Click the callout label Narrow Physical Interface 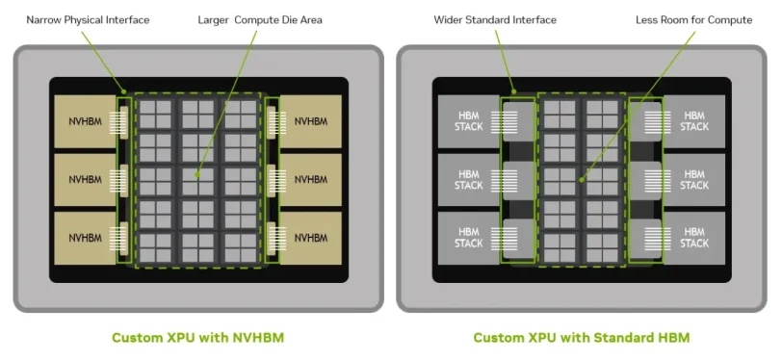pos(88,20)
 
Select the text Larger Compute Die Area pos(260,20)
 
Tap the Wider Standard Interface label pos(495,20)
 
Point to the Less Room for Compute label pos(693,20)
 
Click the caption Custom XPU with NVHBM pos(198,338)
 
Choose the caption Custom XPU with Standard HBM pos(582,338)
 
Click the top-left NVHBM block pos(86,121)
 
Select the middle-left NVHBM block pos(86,180)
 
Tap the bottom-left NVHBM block pos(86,239)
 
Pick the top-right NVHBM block pos(311,121)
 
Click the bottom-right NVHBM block pos(311,239)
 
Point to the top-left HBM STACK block pos(469,121)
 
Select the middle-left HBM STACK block pos(469,180)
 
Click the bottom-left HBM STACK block pos(469,239)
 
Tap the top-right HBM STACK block pos(694,121)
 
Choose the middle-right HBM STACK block pos(694,180)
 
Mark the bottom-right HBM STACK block pos(694,239)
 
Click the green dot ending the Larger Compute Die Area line pos(197,174)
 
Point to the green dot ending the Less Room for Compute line pos(582,180)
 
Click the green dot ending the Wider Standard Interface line pos(514,91)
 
